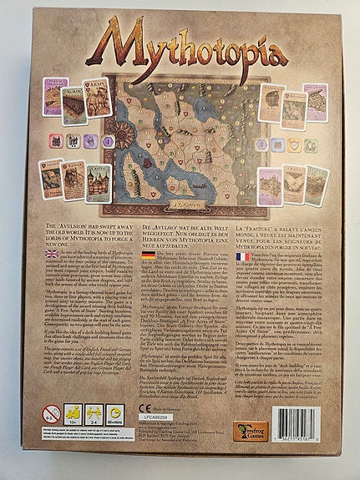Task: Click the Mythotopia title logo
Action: tap(179, 46)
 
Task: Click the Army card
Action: tap(99, 98)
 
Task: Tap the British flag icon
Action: tap(51, 253)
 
